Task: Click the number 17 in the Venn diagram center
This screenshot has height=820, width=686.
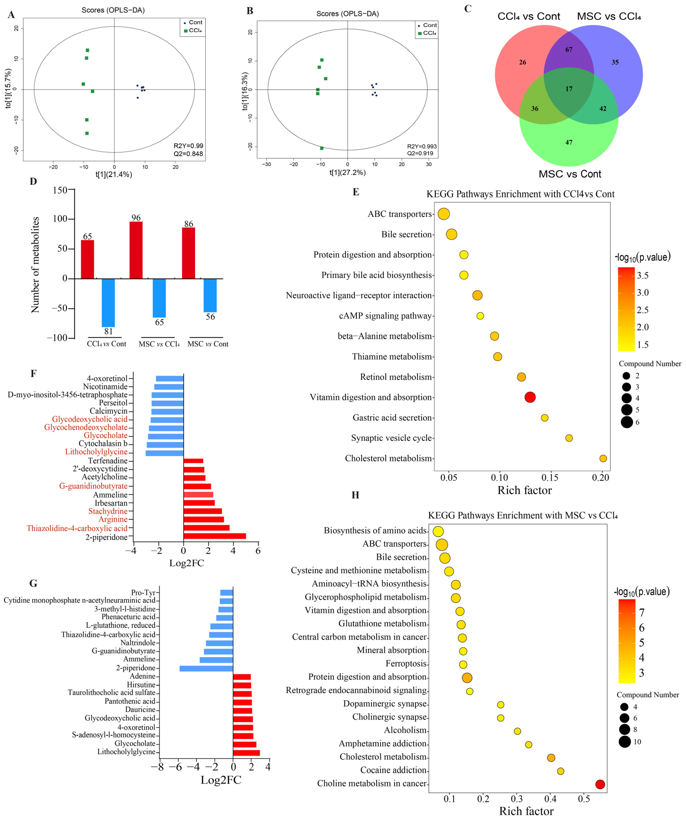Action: pyautogui.click(x=569, y=89)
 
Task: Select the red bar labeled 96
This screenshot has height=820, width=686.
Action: pyautogui.click(x=136, y=250)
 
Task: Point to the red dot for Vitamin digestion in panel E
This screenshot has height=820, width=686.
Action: pyautogui.click(x=530, y=398)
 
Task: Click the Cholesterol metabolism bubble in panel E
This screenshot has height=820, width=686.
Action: pyautogui.click(x=603, y=458)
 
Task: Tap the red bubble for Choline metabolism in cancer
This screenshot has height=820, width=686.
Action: pyautogui.click(x=600, y=784)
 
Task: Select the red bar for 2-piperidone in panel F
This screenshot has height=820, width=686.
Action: pyautogui.click(x=215, y=536)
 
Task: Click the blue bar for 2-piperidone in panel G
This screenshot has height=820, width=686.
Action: pyautogui.click(x=206, y=669)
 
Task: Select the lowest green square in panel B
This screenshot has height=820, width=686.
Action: pyautogui.click(x=322, y=148)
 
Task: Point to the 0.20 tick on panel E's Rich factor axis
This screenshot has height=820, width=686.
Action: pyautogui.click(x=601, y=478)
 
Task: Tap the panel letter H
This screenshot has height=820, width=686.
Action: pyautogui.click(x=355, y=495)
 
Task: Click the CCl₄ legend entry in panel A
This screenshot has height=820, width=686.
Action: pyautogui.click(x=193, y=30)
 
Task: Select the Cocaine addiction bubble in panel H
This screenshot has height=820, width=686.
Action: pyautogui.click(x=560, y=771)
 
